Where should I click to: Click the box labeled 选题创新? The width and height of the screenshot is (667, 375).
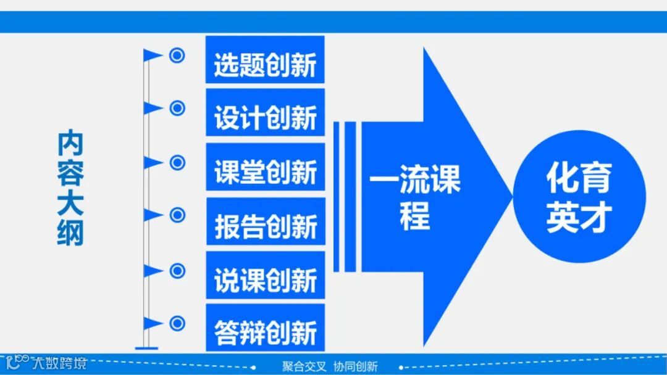click(265, 60)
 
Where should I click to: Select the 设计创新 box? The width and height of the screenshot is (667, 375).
click(265, 113)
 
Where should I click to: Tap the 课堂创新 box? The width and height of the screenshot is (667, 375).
click(265, 167)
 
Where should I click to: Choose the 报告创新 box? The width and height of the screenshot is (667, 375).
click(265, 221)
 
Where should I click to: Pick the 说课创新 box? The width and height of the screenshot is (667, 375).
click(265, 275)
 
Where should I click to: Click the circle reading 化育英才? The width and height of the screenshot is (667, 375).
click(579, 197)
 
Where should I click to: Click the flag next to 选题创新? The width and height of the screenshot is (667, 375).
click(153, 56)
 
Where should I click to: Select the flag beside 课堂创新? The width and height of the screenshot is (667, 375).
click(153, 162)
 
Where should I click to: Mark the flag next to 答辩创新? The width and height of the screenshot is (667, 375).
click(153, 323)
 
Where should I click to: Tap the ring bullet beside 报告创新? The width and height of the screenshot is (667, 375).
click(177, 215)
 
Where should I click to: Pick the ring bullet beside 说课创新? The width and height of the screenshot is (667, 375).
click(177, 270)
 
